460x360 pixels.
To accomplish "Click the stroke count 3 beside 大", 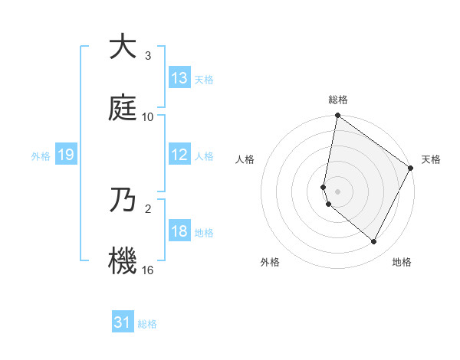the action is click(x=148, y=57).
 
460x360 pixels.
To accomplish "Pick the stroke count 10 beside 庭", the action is click(x=148, y=116).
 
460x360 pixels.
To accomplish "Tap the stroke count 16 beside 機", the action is click(x=148, y=270).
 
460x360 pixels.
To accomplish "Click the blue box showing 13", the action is click(x=179, y=78).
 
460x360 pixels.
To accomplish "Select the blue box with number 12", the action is click(x=179, y=155).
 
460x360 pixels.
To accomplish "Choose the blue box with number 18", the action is click(x=179, y=231).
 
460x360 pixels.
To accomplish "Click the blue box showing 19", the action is click(x=66, y=155).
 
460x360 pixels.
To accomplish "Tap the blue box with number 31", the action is click(x=123, y=322).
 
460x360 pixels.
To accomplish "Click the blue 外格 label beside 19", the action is click(x=41, y=156).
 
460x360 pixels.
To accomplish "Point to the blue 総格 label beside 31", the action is click(x=147, y=324).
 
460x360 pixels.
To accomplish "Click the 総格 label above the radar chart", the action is click(x=338, y=100).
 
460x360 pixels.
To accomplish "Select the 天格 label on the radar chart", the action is click(x=431, y=159).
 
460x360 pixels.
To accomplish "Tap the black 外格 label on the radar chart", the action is click(x=270, y=263).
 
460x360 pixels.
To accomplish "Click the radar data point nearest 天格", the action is click(x=411, y=169).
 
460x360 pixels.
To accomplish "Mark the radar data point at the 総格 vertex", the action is click(x=337, y=116).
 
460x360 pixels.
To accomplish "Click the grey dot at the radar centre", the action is click(x=337, y=191).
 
